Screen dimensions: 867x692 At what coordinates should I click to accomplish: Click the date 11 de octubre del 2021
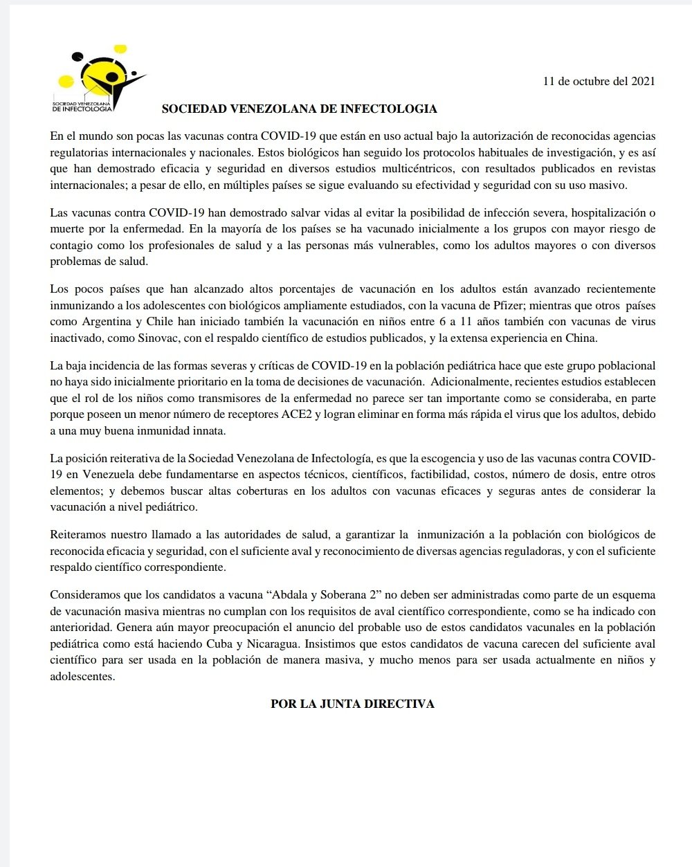[x=599, y=81]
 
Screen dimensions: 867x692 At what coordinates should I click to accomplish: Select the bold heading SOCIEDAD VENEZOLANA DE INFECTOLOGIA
[x=299, y=109]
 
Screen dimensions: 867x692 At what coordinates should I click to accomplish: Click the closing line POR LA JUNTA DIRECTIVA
[x=352, y=704]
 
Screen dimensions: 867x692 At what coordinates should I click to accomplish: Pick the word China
[x=582, y=338]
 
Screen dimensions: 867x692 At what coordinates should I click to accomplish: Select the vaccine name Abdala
[x=285, y=595]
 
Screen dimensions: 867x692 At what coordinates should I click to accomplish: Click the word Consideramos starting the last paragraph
[x=84, y=595]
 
